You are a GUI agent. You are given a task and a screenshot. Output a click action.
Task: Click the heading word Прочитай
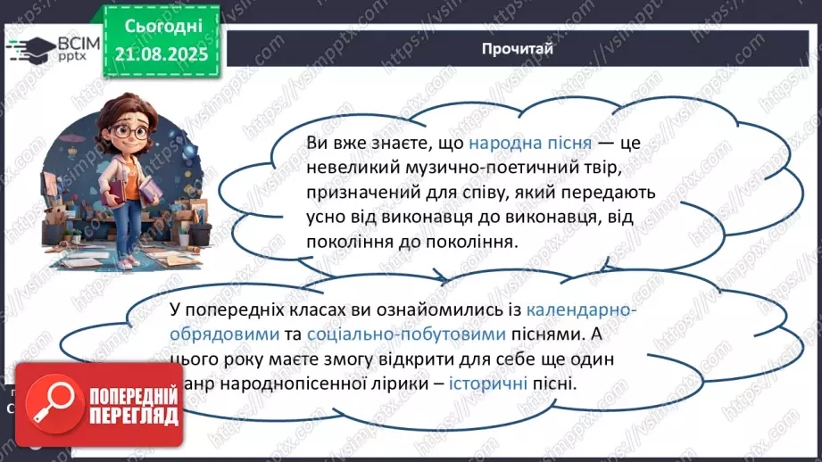[x=516, y=48]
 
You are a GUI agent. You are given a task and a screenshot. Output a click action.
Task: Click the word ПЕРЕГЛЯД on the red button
[x=133, y=417]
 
